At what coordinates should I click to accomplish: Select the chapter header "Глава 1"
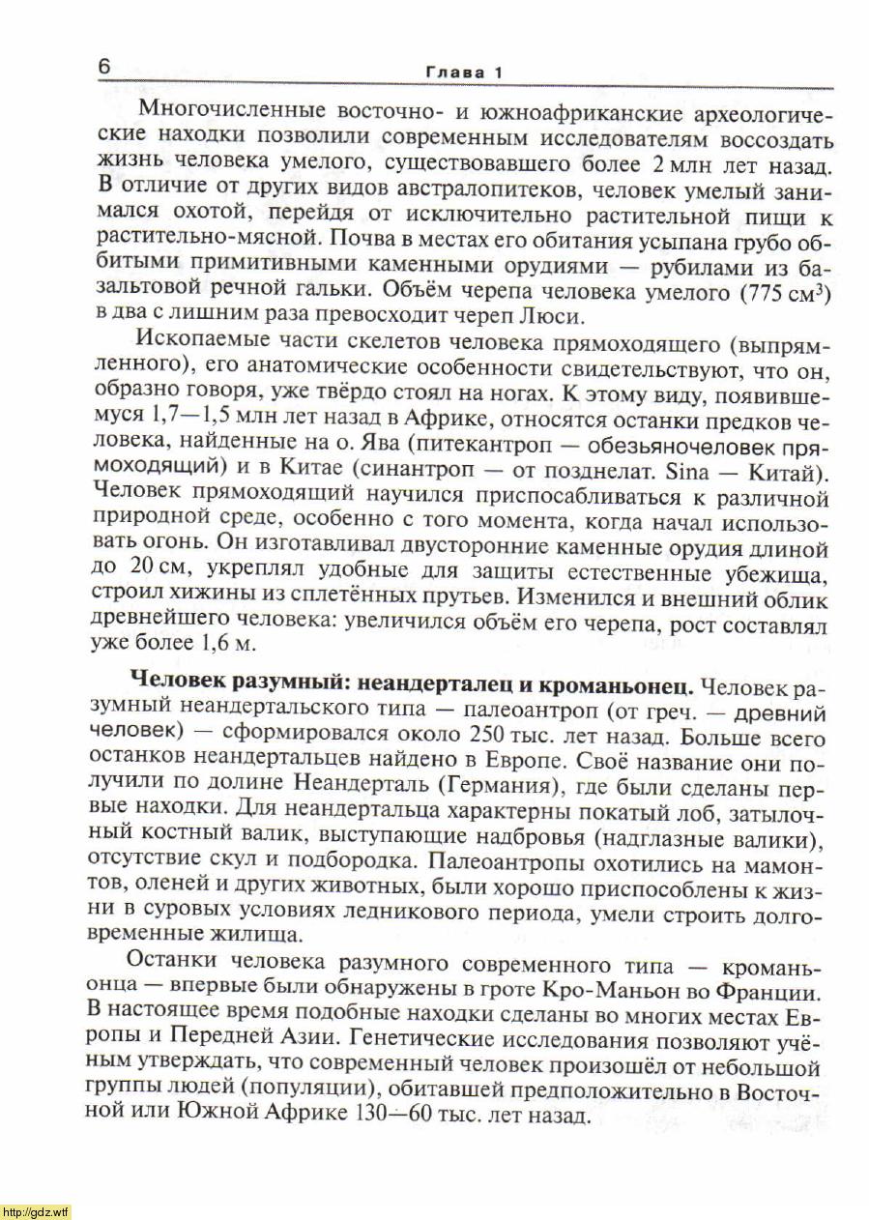[464, 73]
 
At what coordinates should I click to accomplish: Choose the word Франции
[771, 991]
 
